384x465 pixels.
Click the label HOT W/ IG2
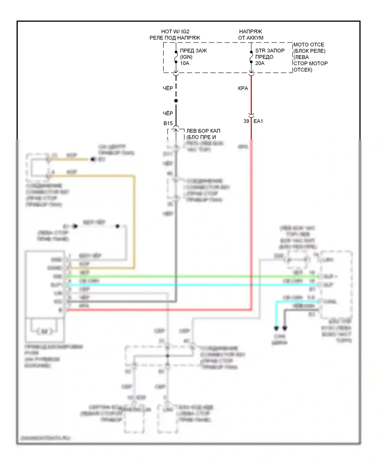[x=175, y=32]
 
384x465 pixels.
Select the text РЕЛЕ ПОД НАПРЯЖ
[x=175, y=38]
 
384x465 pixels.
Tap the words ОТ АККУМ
[x=251, y=38]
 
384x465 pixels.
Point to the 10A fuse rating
[x=184, y=63]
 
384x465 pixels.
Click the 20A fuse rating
[x=260, y=63]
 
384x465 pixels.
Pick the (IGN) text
[x=186, y=57]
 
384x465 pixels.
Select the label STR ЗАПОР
[x=270, y=51]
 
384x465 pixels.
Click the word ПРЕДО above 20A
[x=264, y=57]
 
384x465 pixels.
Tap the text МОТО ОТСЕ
[x=308, y=45]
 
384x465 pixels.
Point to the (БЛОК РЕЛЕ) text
[x=309, y=51]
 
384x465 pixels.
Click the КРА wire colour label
[x=243, y=88]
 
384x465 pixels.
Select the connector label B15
[x=168, y=123]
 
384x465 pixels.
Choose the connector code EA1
[x=258, y=121]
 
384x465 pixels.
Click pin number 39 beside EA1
[x=246, y=121]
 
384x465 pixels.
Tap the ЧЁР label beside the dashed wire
[x=168, y=88]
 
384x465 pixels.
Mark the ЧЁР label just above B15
[x=168, y=113]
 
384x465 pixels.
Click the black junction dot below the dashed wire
[x=176, y=101]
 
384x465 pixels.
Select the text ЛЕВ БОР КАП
[x=203, y=131]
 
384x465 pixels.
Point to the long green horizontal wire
[x=179, y=276]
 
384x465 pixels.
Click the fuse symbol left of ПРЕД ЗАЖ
[x=176, y=57]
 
